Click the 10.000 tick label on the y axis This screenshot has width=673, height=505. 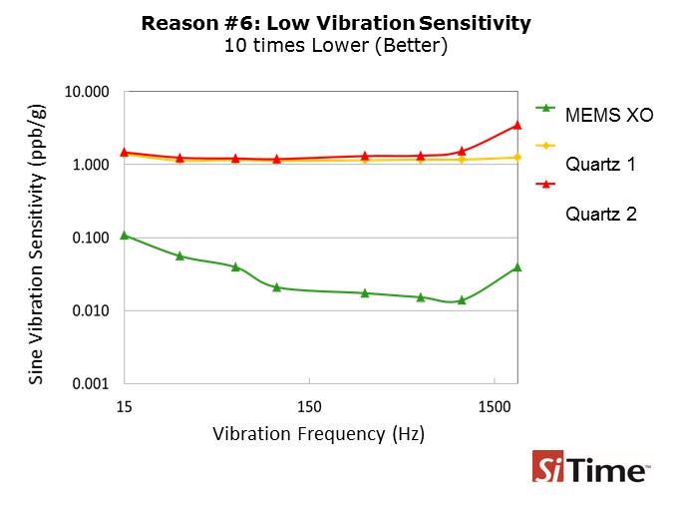click(x=87, y=92)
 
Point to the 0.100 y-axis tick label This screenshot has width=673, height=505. click(x=91, y=238)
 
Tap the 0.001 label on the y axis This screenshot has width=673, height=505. click(x=91, y=383)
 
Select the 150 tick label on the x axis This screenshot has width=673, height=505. click(x=309, y=406)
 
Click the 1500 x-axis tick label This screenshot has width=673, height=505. click(x=495, y=406)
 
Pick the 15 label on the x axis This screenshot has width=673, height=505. click(x=124, y=406)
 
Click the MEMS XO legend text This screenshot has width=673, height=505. click(x=609, y=115)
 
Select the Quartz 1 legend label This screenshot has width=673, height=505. click(x=600, y=165)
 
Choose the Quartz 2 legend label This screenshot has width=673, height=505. click(x=601, y=214)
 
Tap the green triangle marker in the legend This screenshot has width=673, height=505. click(x=545, y=108)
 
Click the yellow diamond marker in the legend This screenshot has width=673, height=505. click(x=545, y=146)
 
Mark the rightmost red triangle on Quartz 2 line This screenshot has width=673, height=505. click(x=517, y=125)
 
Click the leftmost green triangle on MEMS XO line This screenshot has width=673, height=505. click(x=125, y=236)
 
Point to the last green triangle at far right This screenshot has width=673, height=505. click(x=517, y=267)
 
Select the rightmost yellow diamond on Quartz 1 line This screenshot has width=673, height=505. click(x=517, y=158)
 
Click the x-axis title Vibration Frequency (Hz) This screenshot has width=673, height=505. click(x=318, y=434)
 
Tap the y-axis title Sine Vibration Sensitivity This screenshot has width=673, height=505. click(x=36, y=245)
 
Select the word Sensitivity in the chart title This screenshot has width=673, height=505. click(x=475, y=24)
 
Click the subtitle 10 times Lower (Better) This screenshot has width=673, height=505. click(x=336, y=46)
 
